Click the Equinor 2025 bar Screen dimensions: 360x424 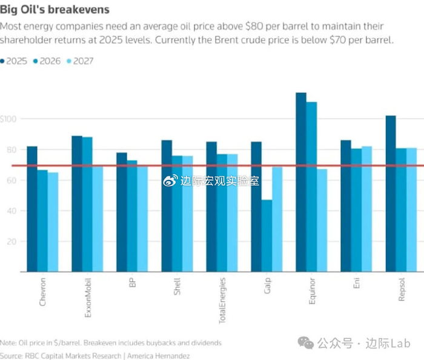(x=301, y=182)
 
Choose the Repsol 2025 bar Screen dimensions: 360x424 (x=391, y=194)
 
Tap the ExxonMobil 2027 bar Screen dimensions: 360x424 (x=98, y=219)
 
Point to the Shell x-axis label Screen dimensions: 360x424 (x=177, y=287)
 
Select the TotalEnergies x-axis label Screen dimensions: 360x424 (x=222, y=299)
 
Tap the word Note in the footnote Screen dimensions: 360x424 (x=8, y=343)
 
